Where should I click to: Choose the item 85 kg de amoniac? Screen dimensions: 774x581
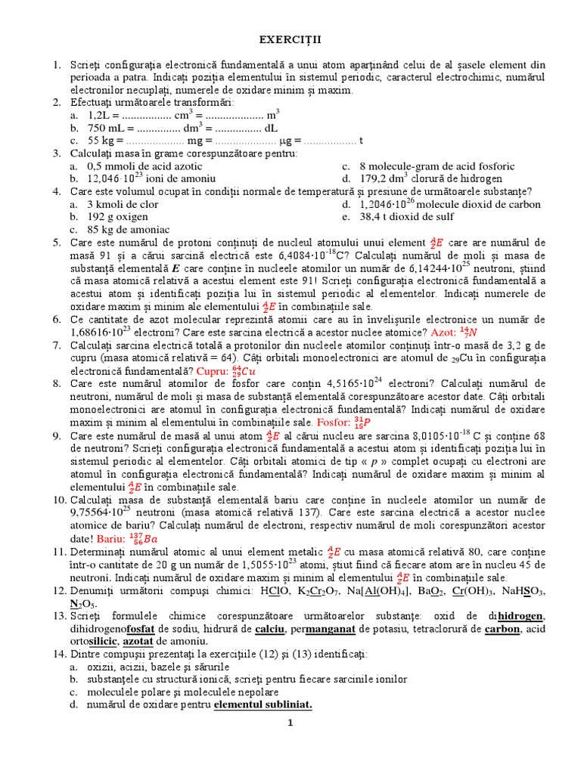pyautogui.click(x=129, y=229)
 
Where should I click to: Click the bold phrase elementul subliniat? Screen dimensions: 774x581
pyautogui.click(x=263, y=704)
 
